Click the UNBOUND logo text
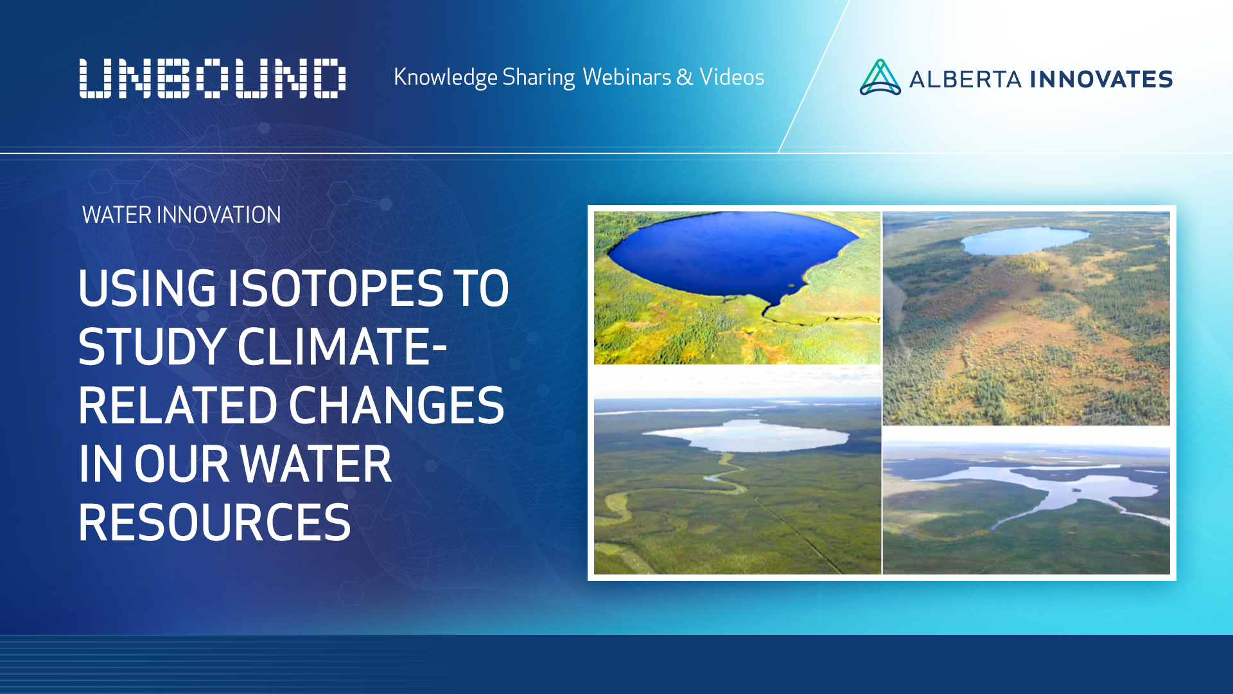(x=212, y=78)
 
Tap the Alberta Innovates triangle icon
(x=880, y=78)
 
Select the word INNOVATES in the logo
(x=1101, y=80)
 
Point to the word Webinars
(x=627, y=77)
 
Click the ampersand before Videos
(x=685, y=77)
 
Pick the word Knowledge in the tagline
(x=445, y=77)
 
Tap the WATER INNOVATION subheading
(x=182, y=215)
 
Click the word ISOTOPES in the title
(x=336, y=288)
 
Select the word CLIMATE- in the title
(x=342, y=347)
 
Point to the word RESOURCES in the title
(x=214, y=522)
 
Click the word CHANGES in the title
(x=396, y=405)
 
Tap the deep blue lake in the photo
(x=726, y=254)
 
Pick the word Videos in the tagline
(x=731, y=77)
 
